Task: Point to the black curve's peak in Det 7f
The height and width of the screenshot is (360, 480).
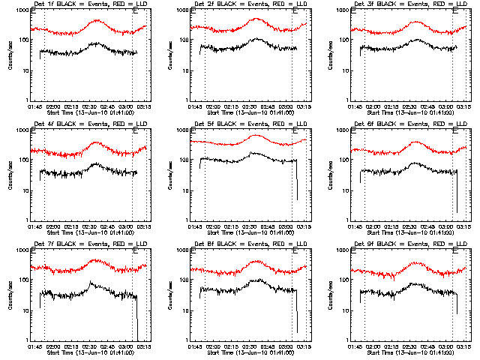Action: [91, 283]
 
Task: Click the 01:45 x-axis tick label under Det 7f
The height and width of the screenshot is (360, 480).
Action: [34, 347]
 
